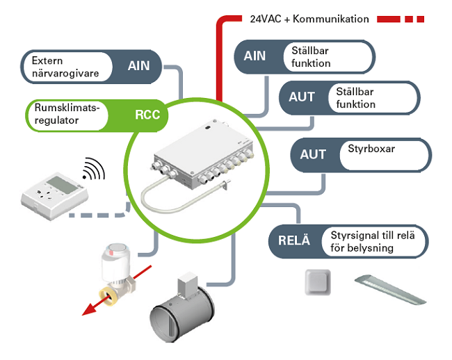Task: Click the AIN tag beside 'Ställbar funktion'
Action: [x=255, y=56]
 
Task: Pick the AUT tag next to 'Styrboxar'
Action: [x=313, y=154]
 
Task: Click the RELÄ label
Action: [x=293, y=242]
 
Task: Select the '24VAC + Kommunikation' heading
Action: [x=309, y=19]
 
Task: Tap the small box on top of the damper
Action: [x=186, y=281]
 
